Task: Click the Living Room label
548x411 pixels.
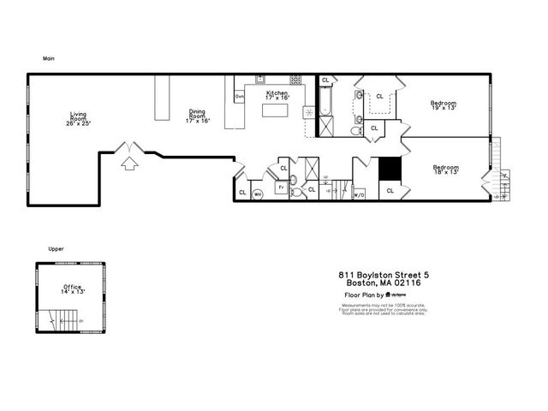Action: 78,118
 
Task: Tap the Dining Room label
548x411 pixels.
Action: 198,116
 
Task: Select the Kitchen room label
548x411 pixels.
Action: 277,94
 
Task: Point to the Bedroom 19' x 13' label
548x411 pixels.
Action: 443,105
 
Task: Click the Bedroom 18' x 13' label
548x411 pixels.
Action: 445,169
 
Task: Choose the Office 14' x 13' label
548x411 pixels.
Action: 72,289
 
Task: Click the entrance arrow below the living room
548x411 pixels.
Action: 128,162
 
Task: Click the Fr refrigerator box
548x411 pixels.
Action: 280,187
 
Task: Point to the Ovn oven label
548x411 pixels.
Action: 239,97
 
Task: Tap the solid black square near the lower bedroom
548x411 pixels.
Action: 390,169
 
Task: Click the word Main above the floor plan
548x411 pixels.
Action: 50,59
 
